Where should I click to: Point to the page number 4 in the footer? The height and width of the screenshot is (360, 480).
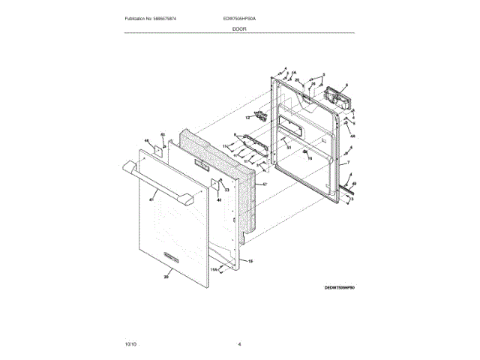(x=239, y=343)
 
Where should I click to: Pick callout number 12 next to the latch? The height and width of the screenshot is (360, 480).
(x=246, y=117)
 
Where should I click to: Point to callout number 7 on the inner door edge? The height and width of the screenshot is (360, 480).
(x=347, y=162)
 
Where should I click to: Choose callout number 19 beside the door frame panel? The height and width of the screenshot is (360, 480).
(x=250, y=260)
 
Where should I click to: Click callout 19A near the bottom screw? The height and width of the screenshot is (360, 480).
(x=213, y=268)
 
